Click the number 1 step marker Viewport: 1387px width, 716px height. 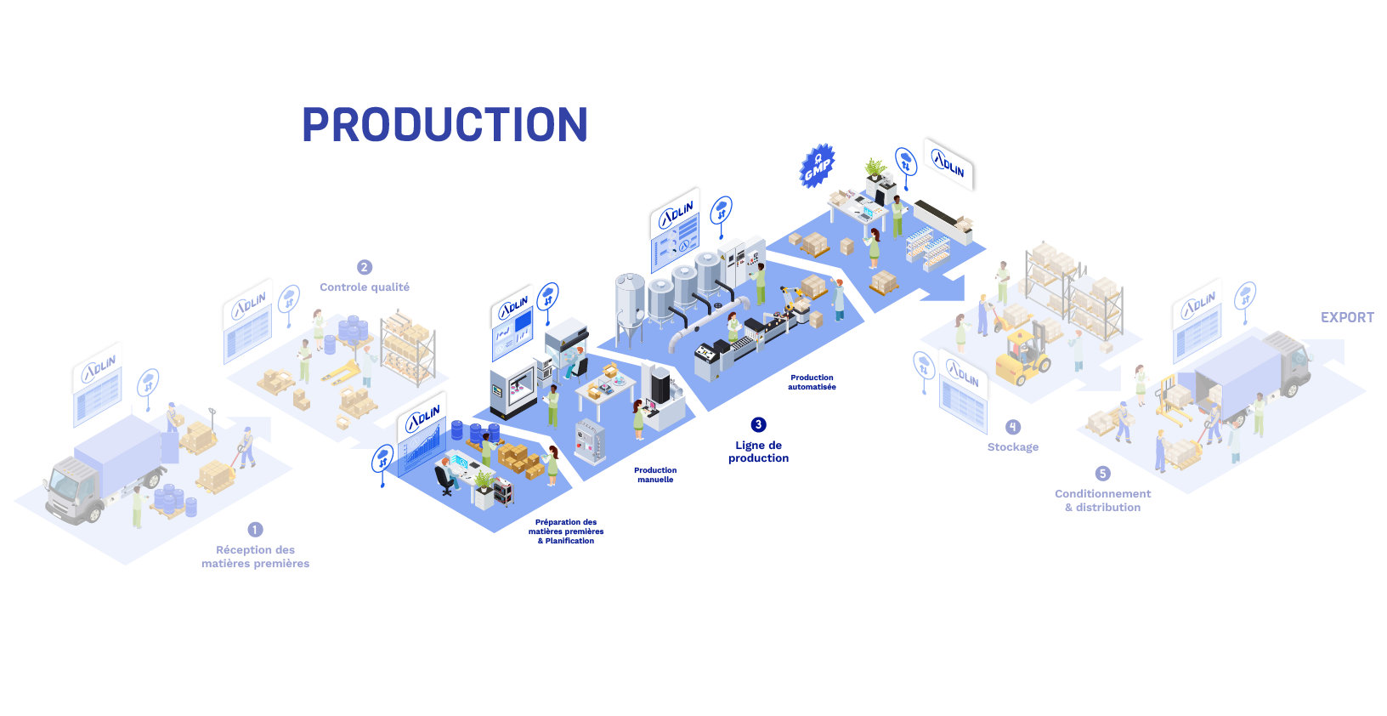click(x=254, y=530)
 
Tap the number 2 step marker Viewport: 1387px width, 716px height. click(x=364, y=267)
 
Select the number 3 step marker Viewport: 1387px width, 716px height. click(x=758, y=424)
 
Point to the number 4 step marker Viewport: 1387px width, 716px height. click(x=1012, y=427)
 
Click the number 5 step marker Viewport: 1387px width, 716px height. click(x=1103, y=474)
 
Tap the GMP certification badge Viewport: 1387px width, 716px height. click(x=819, y=167)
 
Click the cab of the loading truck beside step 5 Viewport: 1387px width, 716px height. click(x=1291, y=361)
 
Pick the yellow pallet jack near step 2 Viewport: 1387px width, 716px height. click(x=343, y=372)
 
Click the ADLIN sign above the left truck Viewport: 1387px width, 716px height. click(x=99, y=368)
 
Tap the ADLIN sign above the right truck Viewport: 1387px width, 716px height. click(x=1197, y=304)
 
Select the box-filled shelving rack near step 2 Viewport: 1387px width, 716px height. click(x=409, y=347)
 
